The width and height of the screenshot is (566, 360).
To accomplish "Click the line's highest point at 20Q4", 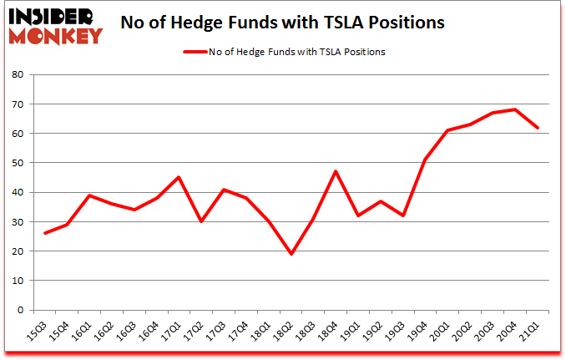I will [x=515, y=109].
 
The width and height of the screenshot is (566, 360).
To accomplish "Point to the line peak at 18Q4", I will [x=335, y=171].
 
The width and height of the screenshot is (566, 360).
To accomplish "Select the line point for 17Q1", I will [x=178, y=177].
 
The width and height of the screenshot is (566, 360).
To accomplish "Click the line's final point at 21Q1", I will [x=538, y=127].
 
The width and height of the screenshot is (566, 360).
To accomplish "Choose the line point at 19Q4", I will [x=425, y=160].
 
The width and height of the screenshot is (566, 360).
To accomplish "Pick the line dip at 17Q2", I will [x=200, y=221].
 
